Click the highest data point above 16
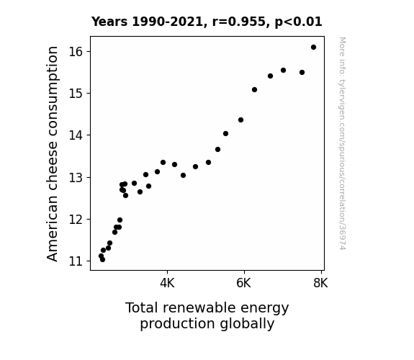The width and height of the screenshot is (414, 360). [313, 48]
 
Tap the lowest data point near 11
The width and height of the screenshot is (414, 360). [102, 260]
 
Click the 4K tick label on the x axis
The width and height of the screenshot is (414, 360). [167, 283]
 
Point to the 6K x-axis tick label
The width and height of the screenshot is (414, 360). [243, 283]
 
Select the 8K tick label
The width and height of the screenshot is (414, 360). [320, 283]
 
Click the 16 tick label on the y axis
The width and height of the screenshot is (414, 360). [76, 52]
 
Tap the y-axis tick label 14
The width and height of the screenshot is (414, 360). [76, 135]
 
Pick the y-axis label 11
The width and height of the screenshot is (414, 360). [76, 261]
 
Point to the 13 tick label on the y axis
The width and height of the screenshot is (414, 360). [76, 177]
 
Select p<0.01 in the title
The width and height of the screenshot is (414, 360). [298, 22]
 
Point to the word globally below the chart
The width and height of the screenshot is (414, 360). [247, 324]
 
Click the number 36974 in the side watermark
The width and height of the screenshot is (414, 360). [342, 237]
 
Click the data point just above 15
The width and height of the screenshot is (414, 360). [254, 90]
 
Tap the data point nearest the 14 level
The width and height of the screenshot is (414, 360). [225, 134]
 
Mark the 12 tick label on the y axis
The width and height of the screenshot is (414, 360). [76, 219]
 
